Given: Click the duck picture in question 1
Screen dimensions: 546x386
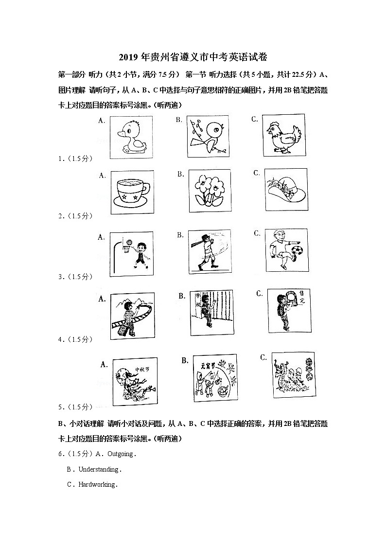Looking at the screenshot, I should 131,136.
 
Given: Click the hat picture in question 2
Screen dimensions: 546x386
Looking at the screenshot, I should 286,190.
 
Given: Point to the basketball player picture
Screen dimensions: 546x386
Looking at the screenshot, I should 132,252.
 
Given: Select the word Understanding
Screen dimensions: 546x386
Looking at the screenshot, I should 99,469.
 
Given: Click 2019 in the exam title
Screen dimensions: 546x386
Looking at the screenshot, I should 128,58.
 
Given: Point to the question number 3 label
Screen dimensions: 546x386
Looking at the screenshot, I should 60,277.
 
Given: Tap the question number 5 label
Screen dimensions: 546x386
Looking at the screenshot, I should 60,406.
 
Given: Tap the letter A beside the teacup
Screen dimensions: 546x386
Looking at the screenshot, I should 102,176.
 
